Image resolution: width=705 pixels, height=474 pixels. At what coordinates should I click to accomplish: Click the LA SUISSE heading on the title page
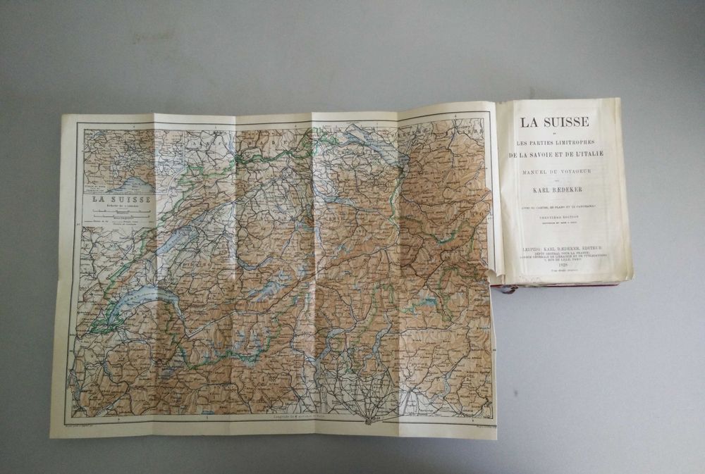pyautogui.click(x=554, y=121)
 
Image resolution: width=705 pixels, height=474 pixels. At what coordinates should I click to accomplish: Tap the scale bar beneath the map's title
pyautogui.click(x=117, y=216)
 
